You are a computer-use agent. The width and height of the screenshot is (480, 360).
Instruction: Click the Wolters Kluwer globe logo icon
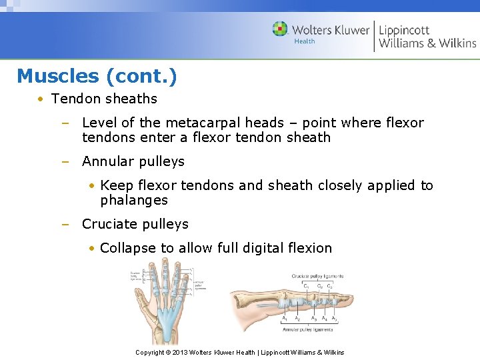[280, 29]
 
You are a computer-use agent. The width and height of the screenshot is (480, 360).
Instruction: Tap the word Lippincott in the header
[404, 30]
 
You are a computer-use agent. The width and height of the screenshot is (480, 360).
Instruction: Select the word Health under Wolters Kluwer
[305, 41]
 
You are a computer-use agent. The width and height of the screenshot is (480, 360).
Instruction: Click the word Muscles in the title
[58, 76]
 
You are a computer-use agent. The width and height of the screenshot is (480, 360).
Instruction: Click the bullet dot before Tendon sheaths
[41, 99]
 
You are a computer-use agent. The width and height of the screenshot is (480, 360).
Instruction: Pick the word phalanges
[134, 200]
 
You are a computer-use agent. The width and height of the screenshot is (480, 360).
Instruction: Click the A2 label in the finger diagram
[297, 319]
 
